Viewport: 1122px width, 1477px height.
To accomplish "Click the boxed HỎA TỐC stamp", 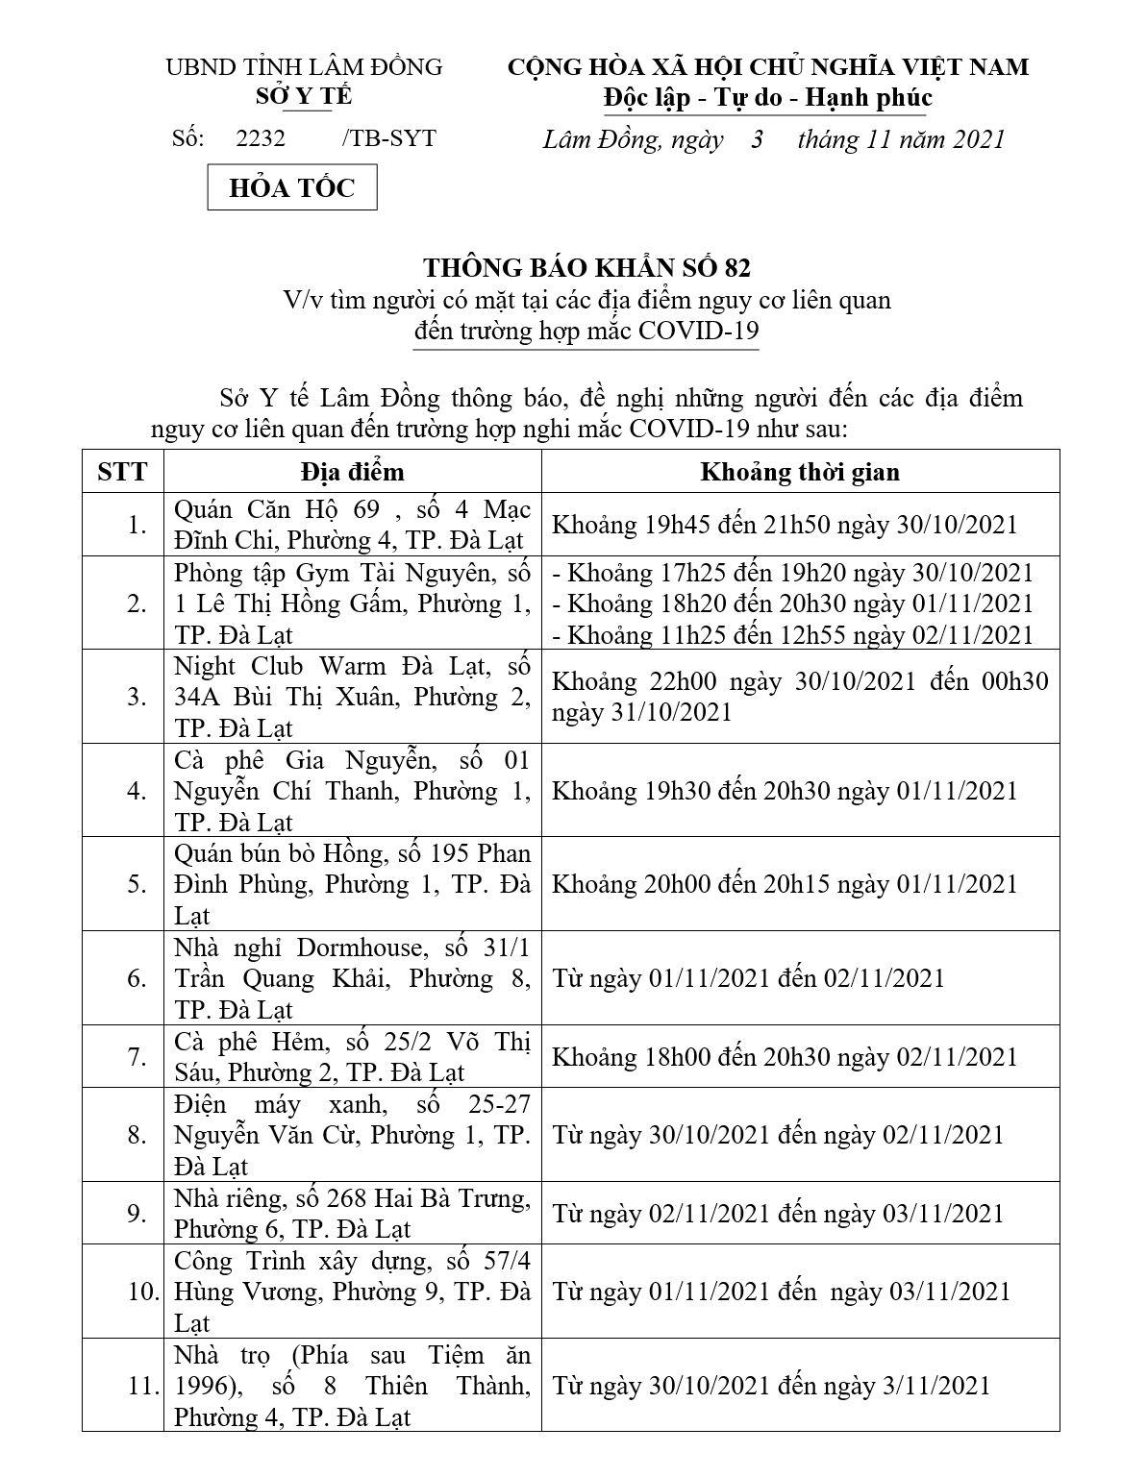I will (x=292, y=187).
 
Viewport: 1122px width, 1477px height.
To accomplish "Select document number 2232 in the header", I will (x=261, y=138).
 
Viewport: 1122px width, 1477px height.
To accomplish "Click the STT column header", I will (x=122, y=472).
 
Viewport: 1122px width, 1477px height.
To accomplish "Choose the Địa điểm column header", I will (x=352, y=472).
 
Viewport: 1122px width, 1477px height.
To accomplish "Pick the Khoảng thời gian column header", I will (x=799, y=472).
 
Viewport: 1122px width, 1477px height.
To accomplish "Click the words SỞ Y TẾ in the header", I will (x=304, y=97).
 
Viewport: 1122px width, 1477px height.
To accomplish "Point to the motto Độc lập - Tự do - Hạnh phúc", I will (x=767, y=98).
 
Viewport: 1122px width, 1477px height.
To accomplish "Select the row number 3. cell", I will (x=137, y=697).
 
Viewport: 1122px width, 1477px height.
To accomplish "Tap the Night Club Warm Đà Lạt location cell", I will (x=352, y=697).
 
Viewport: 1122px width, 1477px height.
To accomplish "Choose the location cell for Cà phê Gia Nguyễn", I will (x=352, y=791).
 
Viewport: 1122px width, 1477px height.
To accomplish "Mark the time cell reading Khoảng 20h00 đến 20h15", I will (x=784, y=884).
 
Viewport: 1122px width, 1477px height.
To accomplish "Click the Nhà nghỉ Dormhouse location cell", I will (x=352, y=978).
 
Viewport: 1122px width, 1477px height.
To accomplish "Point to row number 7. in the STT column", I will (x=137, y=1056).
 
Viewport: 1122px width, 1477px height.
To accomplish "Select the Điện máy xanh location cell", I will (x=352, y=1135).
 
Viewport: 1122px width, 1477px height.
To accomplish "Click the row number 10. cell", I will (x=142, y=1292).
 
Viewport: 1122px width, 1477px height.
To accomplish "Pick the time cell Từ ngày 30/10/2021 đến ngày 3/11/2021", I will (x=771, y=1386).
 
